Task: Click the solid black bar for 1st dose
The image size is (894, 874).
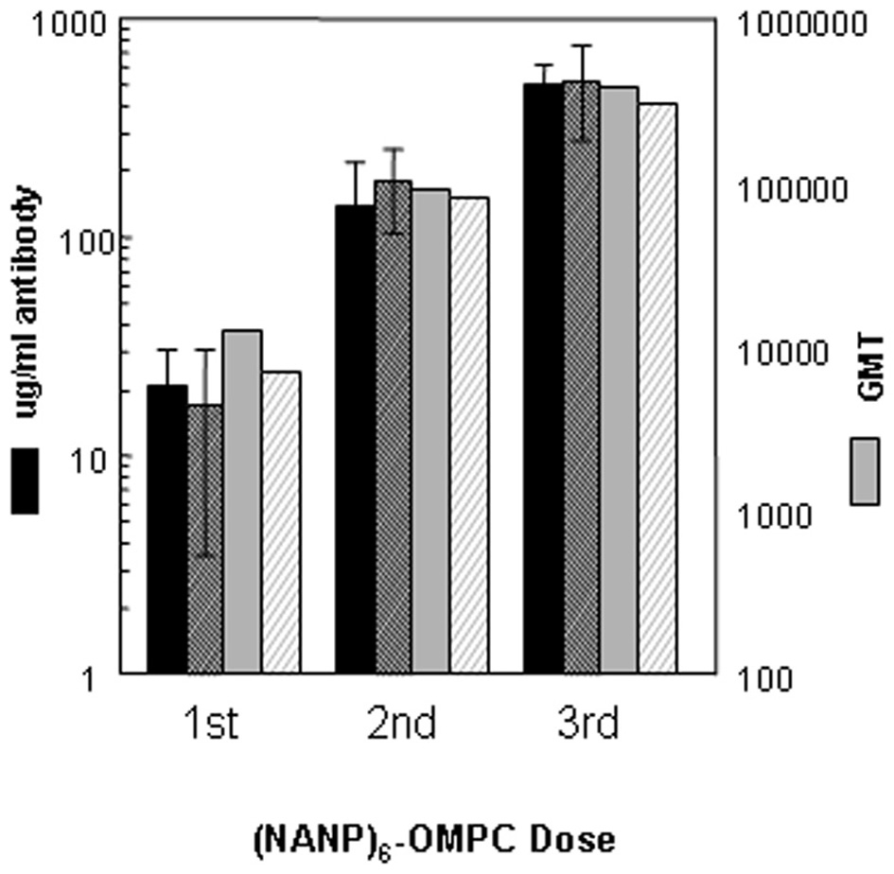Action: (x=167, y=530)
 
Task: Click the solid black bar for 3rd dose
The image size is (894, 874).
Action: (x=542, y=378)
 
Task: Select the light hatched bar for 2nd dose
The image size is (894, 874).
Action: (x=469, y=435)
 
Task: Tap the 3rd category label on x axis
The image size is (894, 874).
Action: (x=586, y=726)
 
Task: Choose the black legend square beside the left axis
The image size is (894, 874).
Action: (x=26, y=481)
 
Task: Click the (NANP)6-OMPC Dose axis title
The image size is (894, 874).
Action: (x=434, y=839)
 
